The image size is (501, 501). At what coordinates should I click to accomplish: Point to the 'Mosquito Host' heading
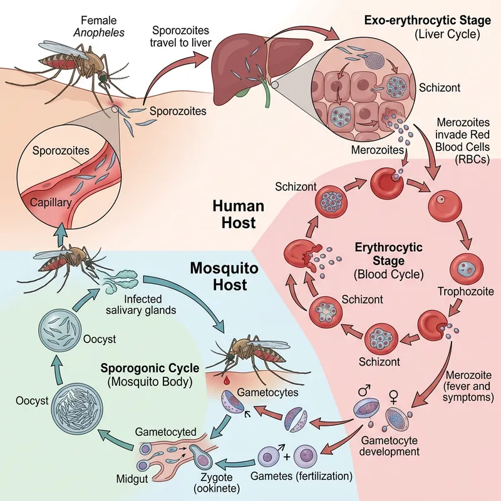[219, 277]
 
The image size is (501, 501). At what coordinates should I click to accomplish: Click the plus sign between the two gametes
[286, 455]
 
